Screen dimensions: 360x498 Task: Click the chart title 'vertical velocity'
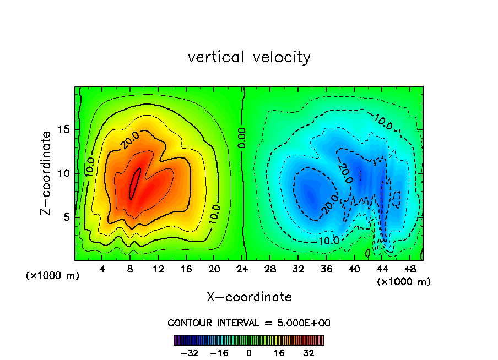coord(249,57)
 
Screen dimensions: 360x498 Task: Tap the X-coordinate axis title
coord(249,297)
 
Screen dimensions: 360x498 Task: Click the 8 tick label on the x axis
coord(130,269)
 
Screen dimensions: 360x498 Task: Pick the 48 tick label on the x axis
coord(410,269)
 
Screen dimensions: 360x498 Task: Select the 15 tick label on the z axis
coord(64,129)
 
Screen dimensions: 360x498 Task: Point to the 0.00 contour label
coord(242,137)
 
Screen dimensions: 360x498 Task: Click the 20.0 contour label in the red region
coord(131,140)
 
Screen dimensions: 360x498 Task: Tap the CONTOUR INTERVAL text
coord(249,323)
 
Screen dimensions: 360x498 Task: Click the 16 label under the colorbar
coord(279,353)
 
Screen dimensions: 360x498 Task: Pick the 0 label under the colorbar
coord(249,353)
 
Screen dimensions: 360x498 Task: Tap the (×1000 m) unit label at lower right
coord(404,282)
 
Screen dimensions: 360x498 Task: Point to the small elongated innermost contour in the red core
coord(135,183)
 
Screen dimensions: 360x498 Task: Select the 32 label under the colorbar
coord(308,353)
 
